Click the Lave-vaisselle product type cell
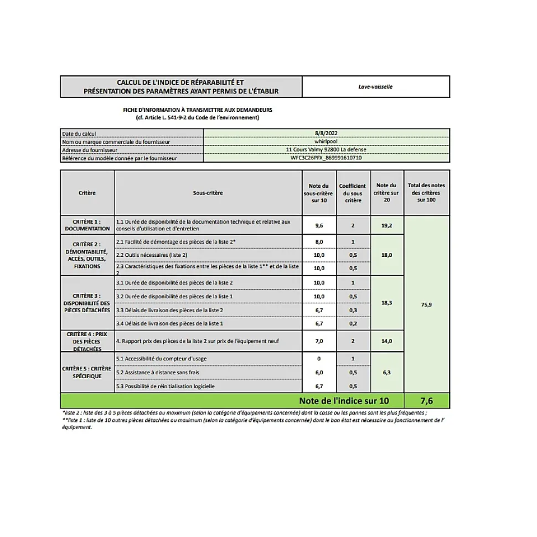pos(375,87)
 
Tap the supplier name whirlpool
pos(326,141)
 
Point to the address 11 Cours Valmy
pos(326,149)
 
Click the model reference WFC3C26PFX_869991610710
pos(326,158)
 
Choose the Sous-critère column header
pos(208,193)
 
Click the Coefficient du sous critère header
pos(353,193)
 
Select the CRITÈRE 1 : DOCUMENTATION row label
pos(87,225)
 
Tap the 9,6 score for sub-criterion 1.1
pos(319,225)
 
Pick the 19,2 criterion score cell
pos(386,225)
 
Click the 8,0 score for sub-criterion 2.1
pos(319,242)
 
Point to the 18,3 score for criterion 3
pos(386,303)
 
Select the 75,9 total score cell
pos(426,304)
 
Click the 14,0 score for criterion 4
pos(386,341)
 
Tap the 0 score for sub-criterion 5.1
pos(319,359)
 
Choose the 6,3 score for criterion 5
pos(386,373)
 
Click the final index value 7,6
pos(426,401)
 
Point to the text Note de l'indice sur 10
pos(344,401)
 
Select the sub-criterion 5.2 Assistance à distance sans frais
pos(158,373)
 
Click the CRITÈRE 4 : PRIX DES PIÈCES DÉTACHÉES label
pos(87,342)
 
